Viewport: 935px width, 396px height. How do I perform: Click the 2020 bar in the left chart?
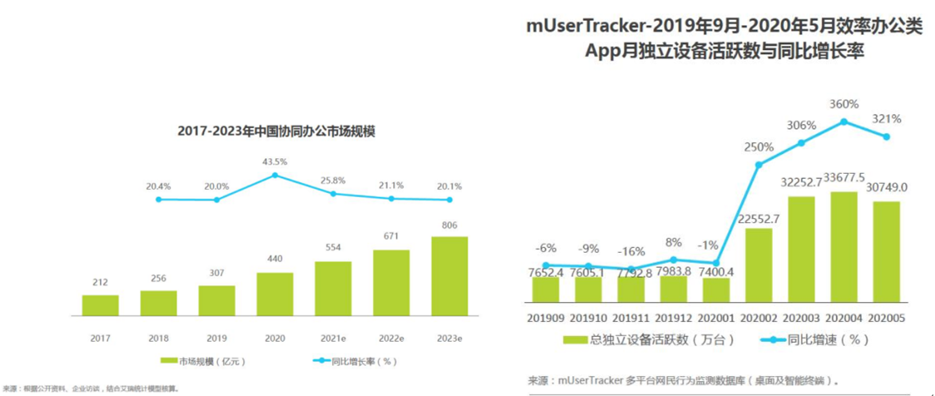(x=275, y=294)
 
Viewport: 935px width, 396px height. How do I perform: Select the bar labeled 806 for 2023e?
(x=450, y=276)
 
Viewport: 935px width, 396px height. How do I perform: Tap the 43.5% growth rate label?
(x=275, y=161)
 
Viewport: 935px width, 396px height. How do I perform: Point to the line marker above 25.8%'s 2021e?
(x=333, y=194)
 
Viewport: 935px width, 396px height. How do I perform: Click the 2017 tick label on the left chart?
(x=100, y=339)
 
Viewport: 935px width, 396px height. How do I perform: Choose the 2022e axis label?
(x=391, y=339)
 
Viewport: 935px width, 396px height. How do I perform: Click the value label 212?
(x=100, y=282)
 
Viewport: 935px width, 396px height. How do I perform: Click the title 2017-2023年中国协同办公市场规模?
(x=275, y=131)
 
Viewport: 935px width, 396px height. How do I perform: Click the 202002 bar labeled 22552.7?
(x=759, y=264)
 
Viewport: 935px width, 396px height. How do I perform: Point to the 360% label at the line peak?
(x=844, y=104)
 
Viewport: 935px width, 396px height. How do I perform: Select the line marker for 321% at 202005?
(x=887, y=136)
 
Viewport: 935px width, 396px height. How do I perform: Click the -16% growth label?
(x=632, y=251)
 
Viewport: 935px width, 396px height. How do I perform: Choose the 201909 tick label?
(x=546, y=317)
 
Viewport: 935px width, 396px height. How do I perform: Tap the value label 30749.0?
(x=887, y=189)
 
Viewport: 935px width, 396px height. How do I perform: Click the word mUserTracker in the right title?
(x=589, y=26)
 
